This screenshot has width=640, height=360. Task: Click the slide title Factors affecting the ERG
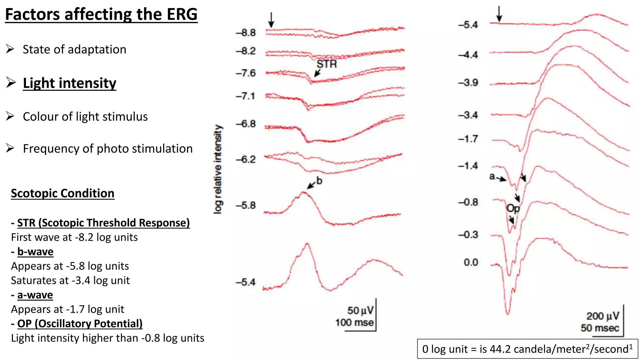(x=101, y=15)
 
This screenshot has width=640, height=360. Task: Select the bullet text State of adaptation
(x=74, y=49)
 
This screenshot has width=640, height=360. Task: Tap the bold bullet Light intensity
(x=69, y=83)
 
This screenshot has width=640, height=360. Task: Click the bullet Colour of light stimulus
(x=85, y=117)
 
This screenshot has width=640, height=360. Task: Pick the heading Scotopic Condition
(x=62, y=193)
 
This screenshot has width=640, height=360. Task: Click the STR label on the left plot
(x=327, y=64)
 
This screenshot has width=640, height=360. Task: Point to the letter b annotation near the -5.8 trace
(x=319, y=181)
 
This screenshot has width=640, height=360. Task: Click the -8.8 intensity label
(x=246, y=32)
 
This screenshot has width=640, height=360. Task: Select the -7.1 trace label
(x=246, y=96)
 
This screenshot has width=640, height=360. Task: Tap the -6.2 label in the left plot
(x=246, y=159)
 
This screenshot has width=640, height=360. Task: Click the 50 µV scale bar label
(x=360, y=310)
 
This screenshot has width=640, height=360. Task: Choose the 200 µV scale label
(x=602, y=316)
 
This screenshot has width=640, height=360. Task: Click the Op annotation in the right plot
(x=513, y=208)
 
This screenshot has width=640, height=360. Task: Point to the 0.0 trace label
(x=471, y=262)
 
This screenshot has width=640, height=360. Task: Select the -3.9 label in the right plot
(x=468, y=83)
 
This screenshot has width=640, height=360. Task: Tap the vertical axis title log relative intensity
(x=218, y=169)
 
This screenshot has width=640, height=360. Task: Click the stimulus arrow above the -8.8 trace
(x=271, y=20)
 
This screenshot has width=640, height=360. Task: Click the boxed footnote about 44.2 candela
(x=527, y=349)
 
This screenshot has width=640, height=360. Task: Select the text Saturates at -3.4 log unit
(x=70, y=280)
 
